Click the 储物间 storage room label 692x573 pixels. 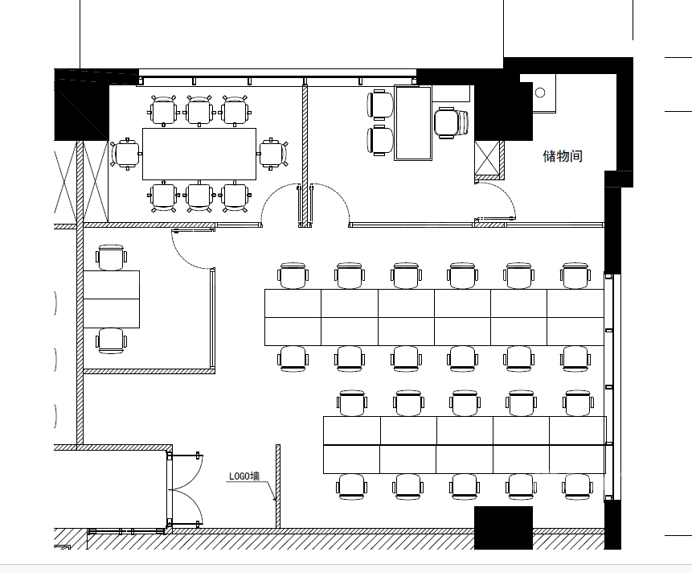coord(563,156)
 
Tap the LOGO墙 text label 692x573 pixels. coord(244,476)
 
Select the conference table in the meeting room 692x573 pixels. coord(199,154)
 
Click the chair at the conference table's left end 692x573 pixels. coord(125,154)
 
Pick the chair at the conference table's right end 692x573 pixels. coord(273,154)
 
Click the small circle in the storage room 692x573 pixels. coord(540,93)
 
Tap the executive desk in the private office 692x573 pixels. coord(412,123)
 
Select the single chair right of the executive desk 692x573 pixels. coord(451,122)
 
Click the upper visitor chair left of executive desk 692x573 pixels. coord(380,105)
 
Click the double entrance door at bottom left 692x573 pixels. coord(185,489)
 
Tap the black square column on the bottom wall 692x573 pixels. coord(503,527)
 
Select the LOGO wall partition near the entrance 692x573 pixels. coord(278,486)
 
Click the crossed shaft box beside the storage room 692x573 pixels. coord(487,159)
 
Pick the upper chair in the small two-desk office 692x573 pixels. coord(111,257)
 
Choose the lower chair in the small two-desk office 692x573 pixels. coord(111,340)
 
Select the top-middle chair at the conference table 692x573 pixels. coord(199,110)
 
